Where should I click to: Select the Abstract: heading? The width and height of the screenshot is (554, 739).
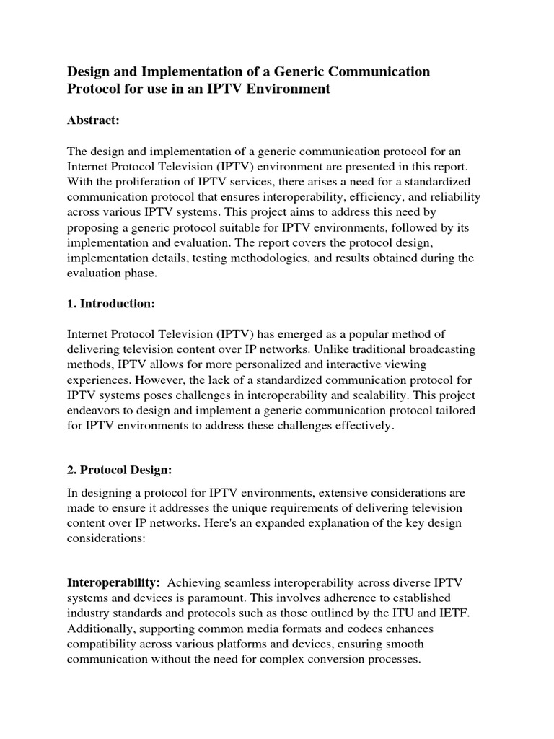click(x=93, y=121)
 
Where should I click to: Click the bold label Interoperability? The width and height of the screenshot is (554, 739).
click(x=113, y=582)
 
